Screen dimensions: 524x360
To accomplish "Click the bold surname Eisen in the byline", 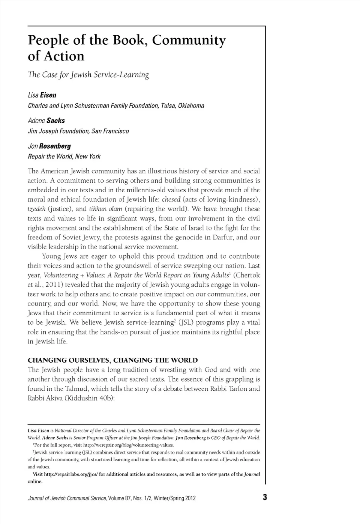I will (48, 95).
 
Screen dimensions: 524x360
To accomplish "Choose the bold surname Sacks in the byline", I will (55, 121).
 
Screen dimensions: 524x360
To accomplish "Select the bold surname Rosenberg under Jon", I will (55, 146).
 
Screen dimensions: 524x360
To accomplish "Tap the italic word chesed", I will (171, 199).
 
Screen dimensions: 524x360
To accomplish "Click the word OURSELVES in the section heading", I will (83, 360).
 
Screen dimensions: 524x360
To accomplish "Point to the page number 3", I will (265, 498).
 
